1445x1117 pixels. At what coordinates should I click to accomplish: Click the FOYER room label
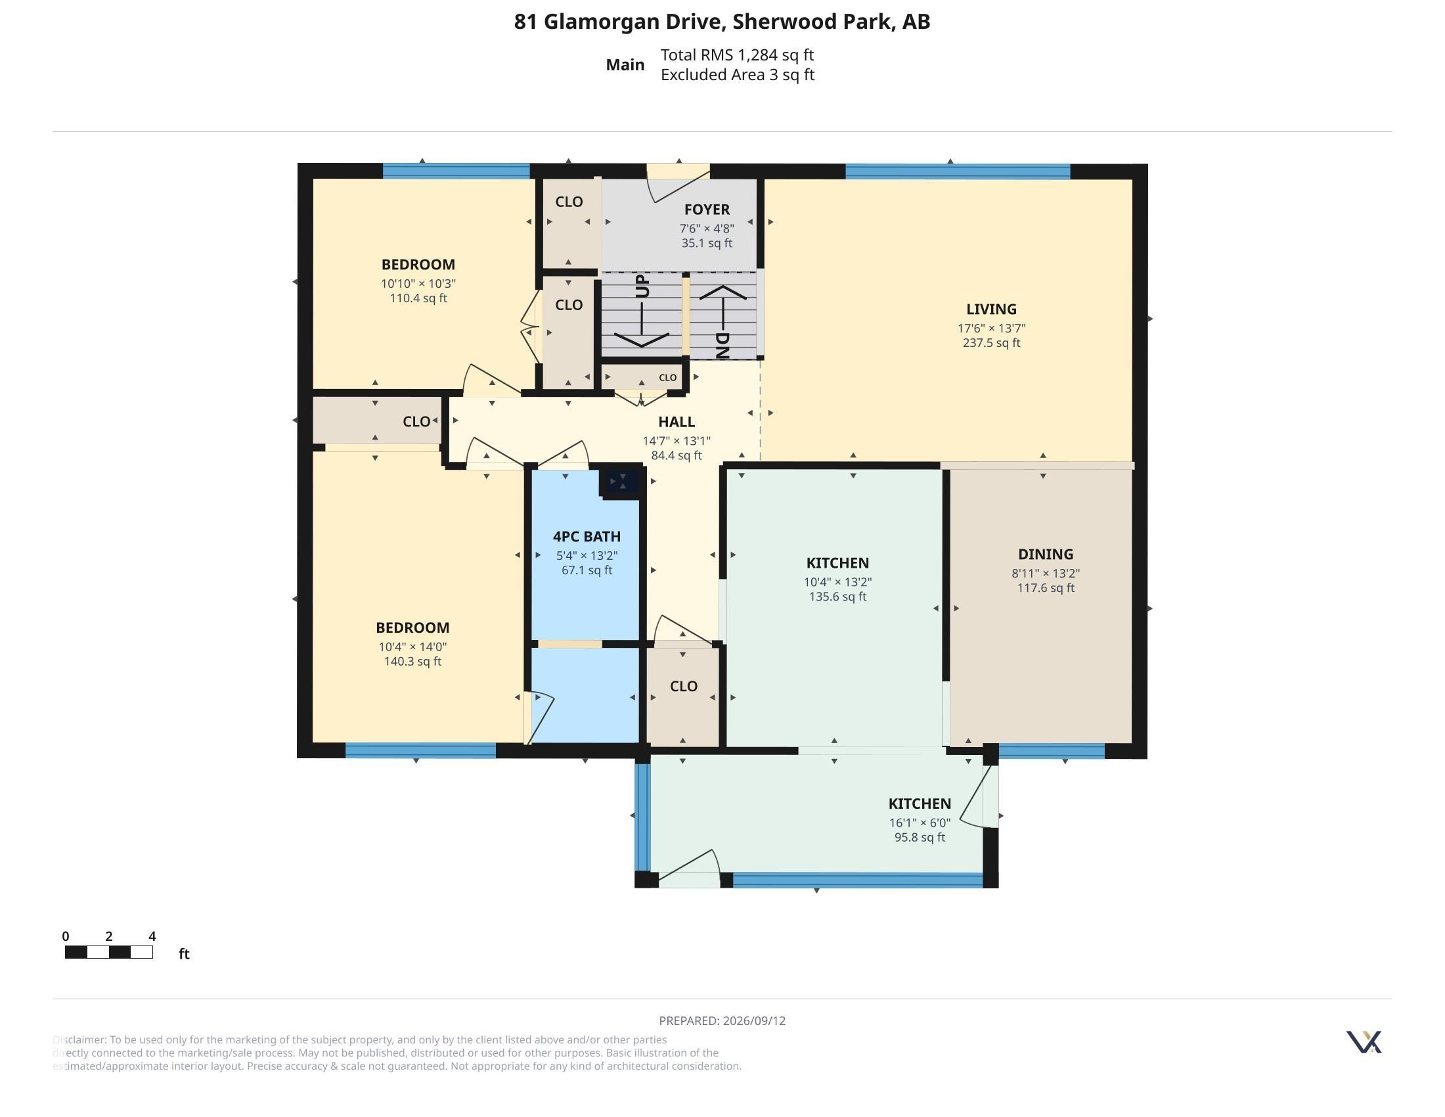click(707, 210)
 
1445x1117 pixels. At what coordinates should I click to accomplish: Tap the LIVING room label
click(991, 309)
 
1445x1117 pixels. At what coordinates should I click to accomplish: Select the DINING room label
click(1046, 555)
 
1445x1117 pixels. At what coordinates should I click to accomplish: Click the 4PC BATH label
click(587, 537)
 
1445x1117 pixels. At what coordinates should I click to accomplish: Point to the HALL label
click(676, 422)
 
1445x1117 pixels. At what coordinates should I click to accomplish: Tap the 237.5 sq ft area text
click(991, 343)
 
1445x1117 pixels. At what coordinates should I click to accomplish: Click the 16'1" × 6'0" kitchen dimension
click(920, 823)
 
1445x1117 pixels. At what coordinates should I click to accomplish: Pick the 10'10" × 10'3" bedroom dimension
click(418, 283)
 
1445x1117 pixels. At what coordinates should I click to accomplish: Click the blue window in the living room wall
click(958, 172)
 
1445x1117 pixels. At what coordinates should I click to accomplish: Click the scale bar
click(109, 952)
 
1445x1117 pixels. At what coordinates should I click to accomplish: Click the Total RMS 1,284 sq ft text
click(737, 55)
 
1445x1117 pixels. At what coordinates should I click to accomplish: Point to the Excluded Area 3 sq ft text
click(737, 75)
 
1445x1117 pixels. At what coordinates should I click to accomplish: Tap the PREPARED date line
click(722, 1021)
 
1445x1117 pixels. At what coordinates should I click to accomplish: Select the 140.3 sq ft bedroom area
click(412, 662)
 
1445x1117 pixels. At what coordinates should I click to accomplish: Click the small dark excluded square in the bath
click(622, 481)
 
